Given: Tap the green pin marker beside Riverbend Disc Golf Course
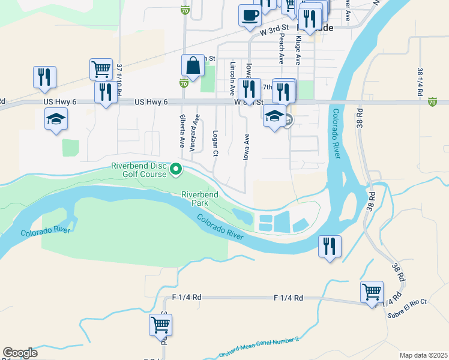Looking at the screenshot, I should pos(176,170).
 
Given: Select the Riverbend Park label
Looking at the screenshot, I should pos(200,199).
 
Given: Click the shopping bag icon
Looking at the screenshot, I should pos(193,67).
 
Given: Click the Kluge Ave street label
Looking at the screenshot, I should pos(298,51).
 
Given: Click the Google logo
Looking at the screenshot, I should pos(20,353).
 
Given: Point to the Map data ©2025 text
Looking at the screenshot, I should pos(423,355).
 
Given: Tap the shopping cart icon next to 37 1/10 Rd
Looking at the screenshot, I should pos(101,69).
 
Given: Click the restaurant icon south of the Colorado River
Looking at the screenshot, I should pos(329,246).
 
